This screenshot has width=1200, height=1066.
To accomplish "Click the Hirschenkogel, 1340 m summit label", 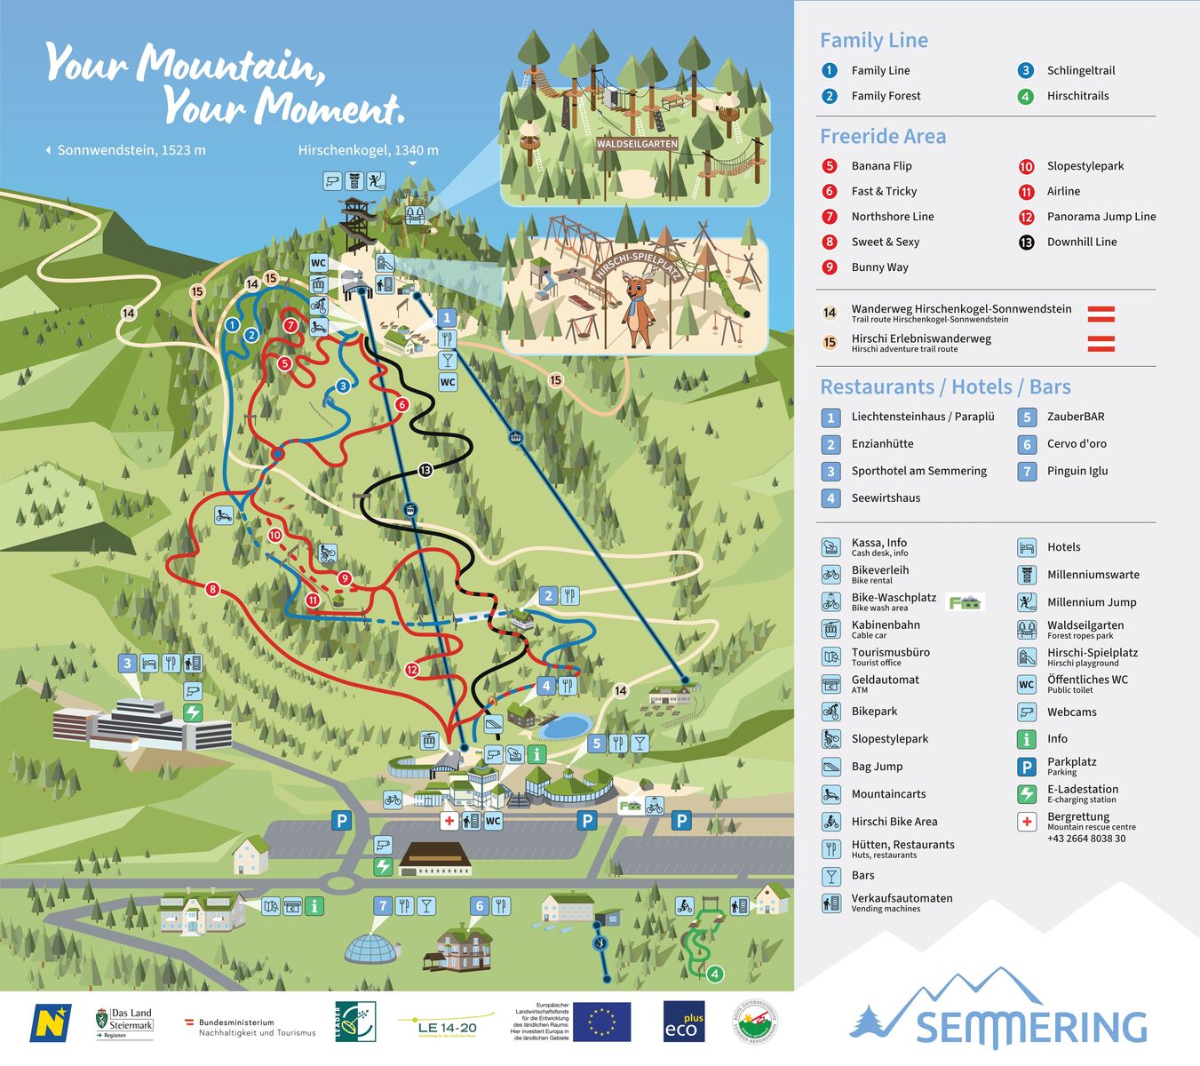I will (368, 150).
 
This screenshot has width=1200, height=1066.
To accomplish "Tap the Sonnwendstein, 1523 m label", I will (130, 150).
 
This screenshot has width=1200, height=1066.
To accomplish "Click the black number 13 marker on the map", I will (425, 470).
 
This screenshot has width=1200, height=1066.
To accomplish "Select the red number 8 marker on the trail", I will (211, 589).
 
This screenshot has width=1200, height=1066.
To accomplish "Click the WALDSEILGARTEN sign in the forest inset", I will (637, 143).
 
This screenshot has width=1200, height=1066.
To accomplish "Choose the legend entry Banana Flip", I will (880, 166).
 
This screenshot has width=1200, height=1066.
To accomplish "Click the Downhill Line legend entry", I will (1081, 242).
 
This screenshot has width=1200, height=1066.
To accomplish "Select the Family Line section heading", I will (873, 40).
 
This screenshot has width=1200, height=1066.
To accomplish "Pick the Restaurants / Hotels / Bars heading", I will (945, 387).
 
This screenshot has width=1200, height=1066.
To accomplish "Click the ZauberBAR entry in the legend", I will (1075, 417).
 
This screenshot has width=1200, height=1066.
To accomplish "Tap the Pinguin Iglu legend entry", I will (1077, 471).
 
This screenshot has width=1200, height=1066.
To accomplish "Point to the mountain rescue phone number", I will (1085, 839).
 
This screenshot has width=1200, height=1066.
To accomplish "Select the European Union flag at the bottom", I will (601, 1022).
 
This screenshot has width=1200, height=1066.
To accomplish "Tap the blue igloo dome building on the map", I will (371, 949).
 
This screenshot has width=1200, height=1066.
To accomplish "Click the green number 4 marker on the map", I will (715, 974).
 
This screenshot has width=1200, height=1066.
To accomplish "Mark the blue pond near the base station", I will (566, 727).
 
